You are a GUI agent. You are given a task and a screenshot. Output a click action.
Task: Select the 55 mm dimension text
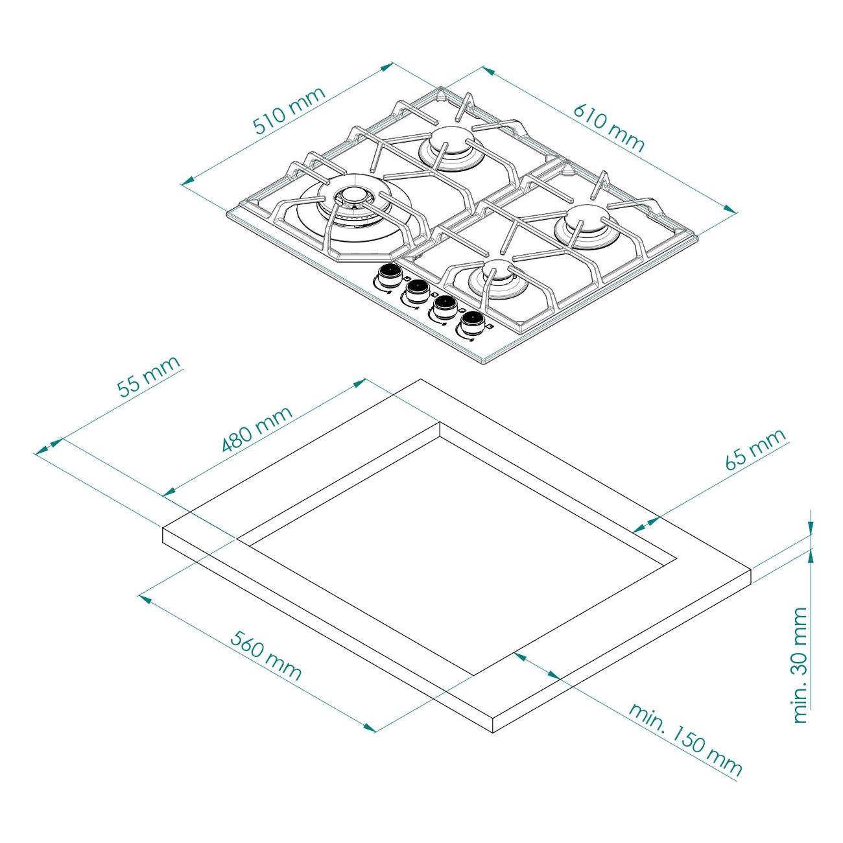[x=148, y=376]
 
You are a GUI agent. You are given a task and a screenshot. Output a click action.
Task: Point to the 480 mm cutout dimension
[x=256, y=429]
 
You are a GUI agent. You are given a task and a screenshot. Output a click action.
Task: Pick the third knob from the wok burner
[x=442, y=307]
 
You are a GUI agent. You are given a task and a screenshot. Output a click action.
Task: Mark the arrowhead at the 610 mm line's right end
[x=730, y=209]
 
